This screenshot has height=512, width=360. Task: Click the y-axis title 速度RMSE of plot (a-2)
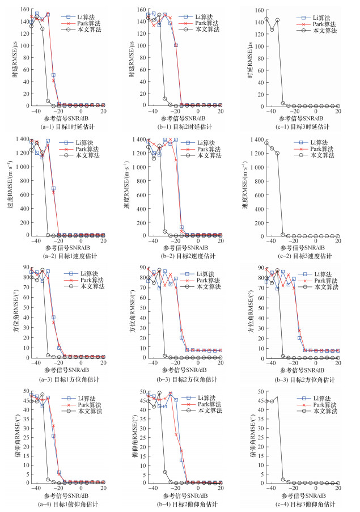[x=10, y=187]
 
